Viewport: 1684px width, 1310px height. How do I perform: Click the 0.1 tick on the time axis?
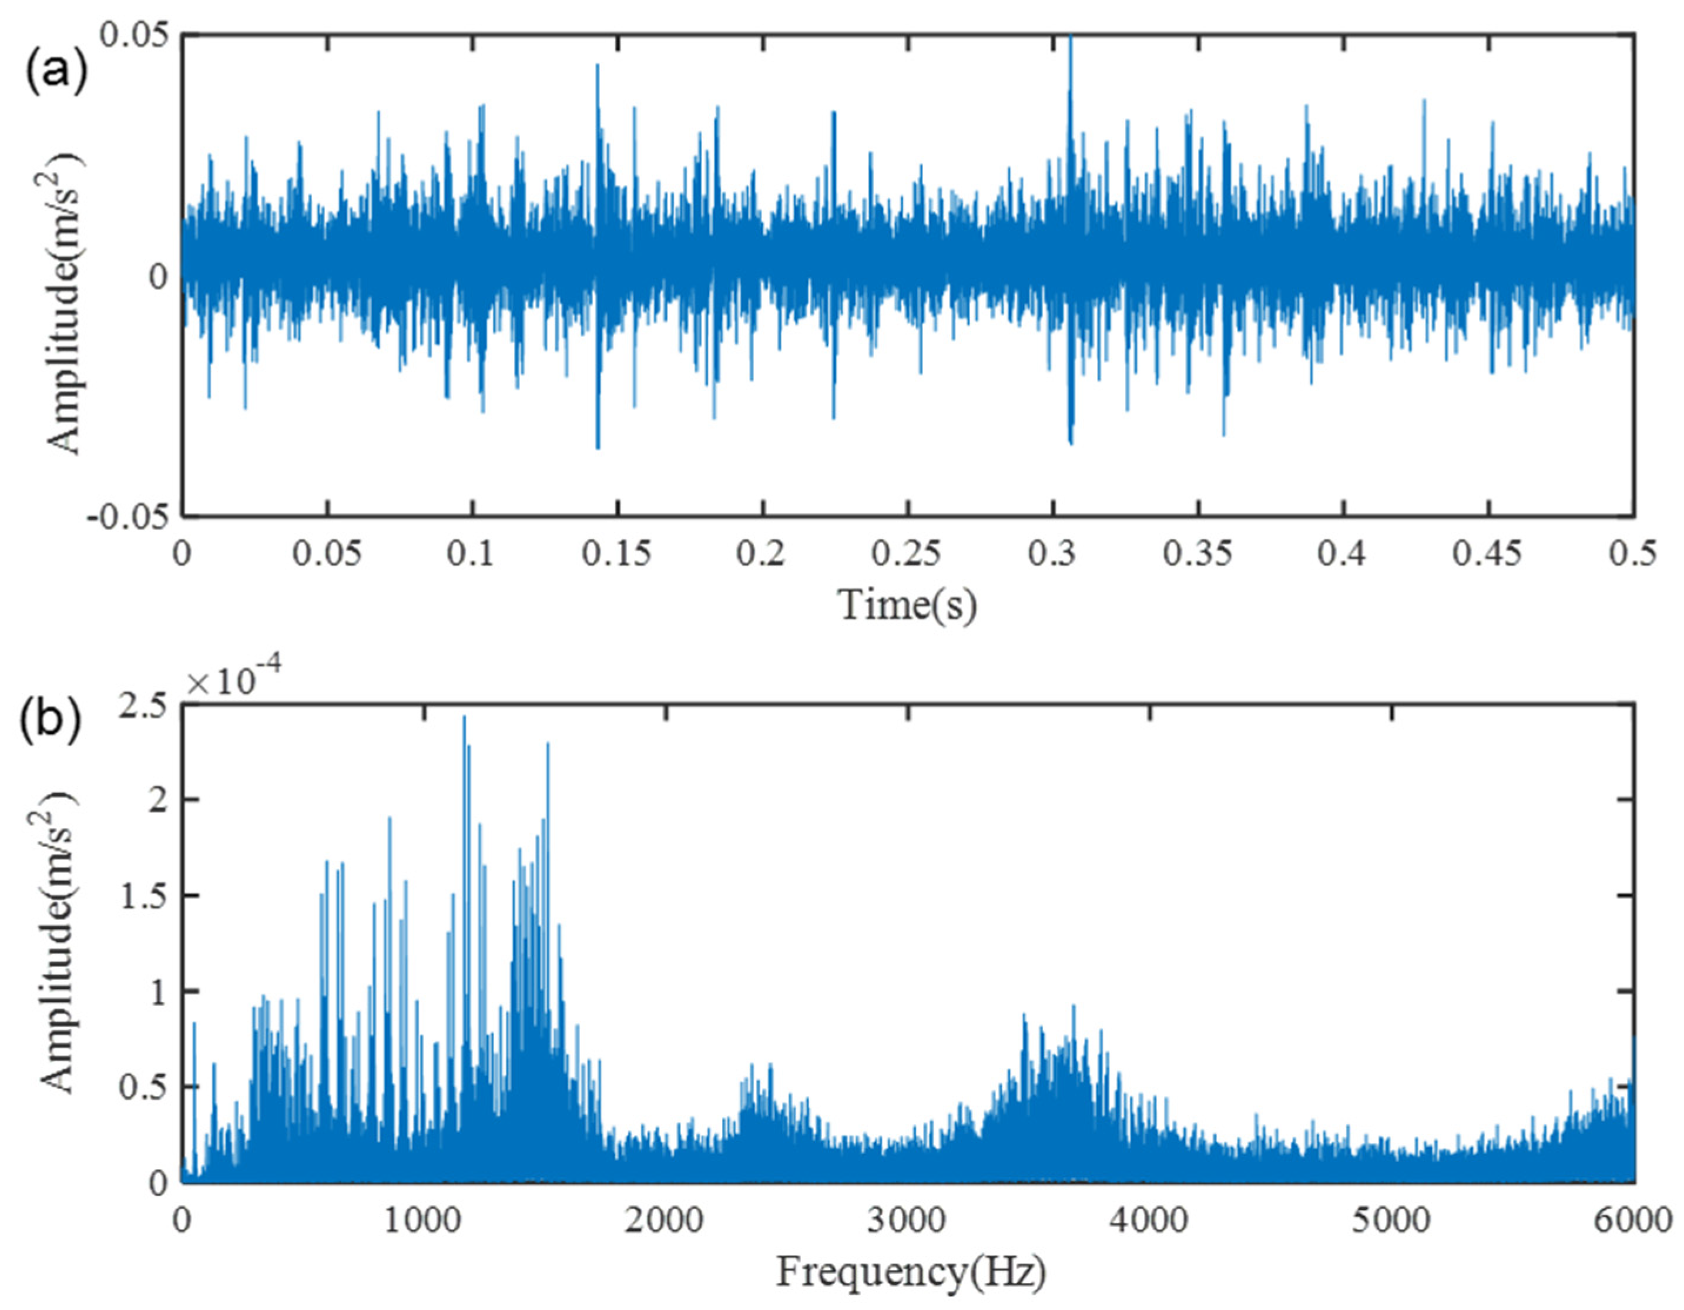tap(471, 555)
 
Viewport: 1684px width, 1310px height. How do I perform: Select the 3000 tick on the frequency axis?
tap(908, 1222)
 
